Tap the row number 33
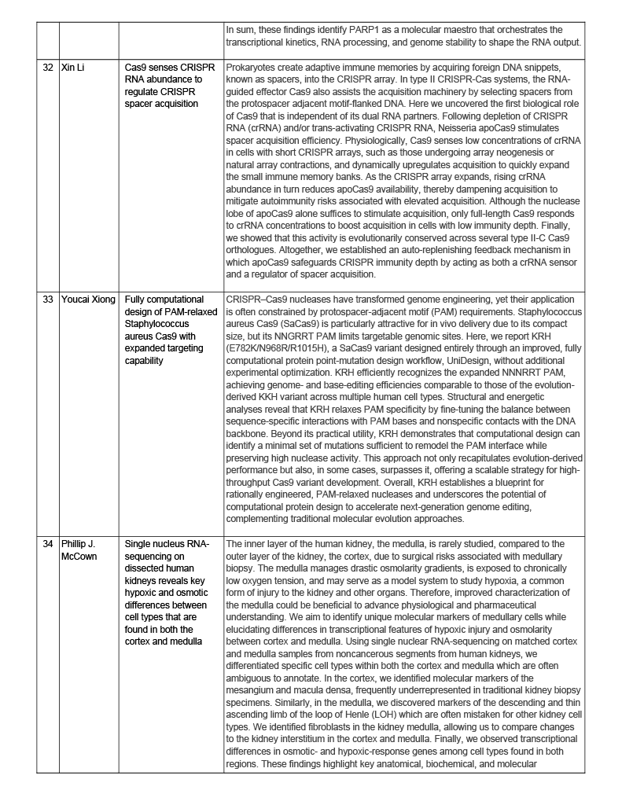48,300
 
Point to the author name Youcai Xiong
88,300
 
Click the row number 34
48,543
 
